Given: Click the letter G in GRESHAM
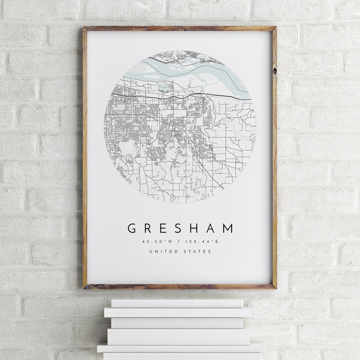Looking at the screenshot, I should pyautogui.click(x=132, y=228).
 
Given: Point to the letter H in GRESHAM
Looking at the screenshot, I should pyautogui.click(x=197, y=228).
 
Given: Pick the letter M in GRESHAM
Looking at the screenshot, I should pyautogui.click(x=228, y=228).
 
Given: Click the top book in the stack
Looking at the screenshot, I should pyautogui.click(x=177, y=303).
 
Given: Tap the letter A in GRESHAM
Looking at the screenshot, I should pyautogui.click(x=212, y=228).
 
